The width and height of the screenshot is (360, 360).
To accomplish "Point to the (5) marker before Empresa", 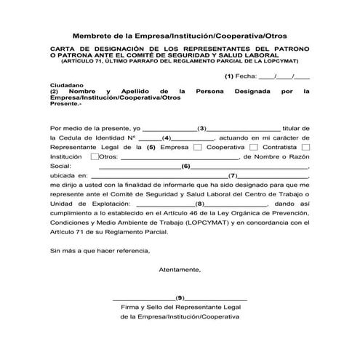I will pyautogui.click(x=151, y=147).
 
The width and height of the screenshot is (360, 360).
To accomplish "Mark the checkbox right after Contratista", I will pyautogui.click(x=305, y=147).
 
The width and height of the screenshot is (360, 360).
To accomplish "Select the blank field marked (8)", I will pyautogui.click(x=198, y=205).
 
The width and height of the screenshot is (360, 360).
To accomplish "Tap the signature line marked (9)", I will pyautogui.click(x=180, y=298).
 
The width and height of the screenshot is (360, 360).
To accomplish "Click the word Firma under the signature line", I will pyautogui.click(x=133, y=308).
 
